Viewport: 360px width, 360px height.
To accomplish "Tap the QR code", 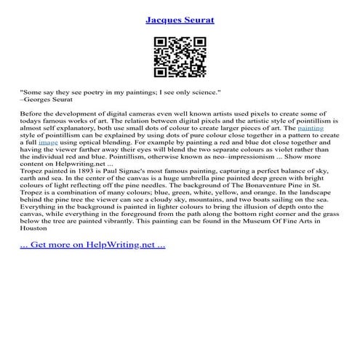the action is pos(180,56).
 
